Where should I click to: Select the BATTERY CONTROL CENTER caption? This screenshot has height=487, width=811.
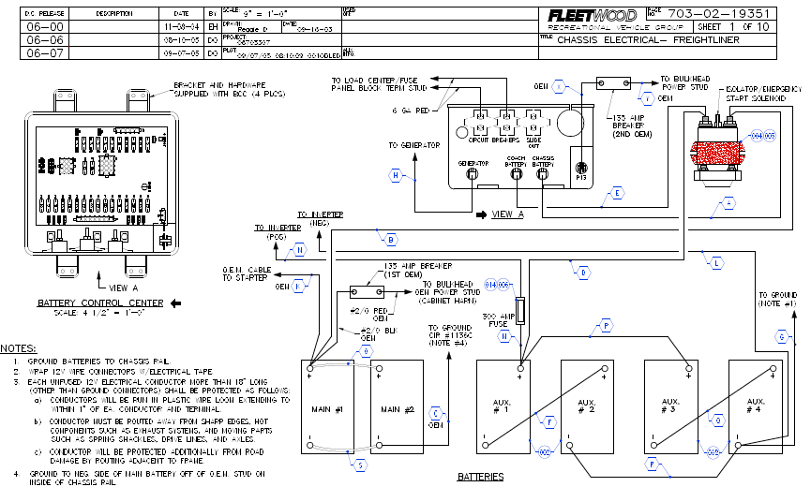click(100, 303)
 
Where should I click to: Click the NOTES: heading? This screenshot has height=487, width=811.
click(18, 347)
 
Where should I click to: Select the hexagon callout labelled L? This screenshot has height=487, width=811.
click(716, 265)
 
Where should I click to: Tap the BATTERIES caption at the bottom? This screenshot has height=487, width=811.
click(480, 477)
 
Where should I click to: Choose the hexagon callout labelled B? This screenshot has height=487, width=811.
click(391, 238)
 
